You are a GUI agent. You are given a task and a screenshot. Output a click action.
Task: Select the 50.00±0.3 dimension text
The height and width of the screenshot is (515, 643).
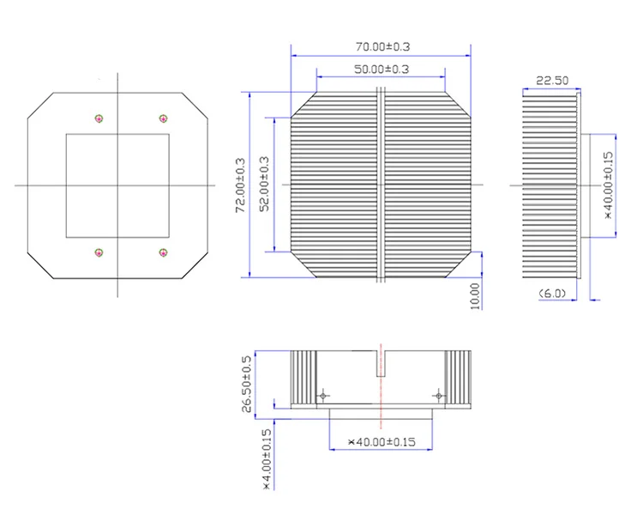[381, 69]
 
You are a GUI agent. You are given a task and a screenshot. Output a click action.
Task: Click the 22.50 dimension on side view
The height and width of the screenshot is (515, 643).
[552, 81]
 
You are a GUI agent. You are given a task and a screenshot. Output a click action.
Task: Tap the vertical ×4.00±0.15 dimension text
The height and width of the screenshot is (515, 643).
[266, 459]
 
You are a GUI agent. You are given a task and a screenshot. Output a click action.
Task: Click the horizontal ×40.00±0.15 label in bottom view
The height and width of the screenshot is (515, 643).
[381, 442]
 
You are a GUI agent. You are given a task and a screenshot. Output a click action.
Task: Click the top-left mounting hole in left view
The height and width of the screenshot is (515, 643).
[99, 118]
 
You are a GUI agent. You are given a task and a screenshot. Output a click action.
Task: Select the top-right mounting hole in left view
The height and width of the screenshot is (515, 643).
[163, 118]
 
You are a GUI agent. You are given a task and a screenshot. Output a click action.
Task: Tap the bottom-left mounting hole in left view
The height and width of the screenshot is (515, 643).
[99, 252]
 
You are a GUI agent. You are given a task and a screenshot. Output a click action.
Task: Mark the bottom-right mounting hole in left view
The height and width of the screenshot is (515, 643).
[163, 252]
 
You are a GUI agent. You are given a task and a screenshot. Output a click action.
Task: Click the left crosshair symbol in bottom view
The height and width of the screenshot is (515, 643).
[322, 396]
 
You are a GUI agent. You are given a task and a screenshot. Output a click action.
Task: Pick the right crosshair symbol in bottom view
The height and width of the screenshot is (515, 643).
[438, 396]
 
